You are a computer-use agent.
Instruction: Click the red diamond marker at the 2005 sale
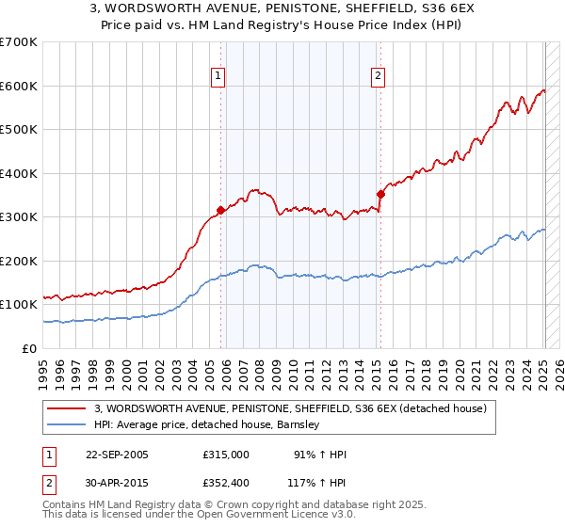pyautogui.click(x=221, y=211)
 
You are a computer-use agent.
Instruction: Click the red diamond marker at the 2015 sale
pyautogui.click(x=380, y=195)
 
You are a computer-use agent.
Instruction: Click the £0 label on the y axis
pyautogui.click(x=28, y=348)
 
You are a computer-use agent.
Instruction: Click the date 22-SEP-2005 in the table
pyautogui.click(x=117, y=455)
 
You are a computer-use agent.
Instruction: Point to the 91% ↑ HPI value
pyautogui.click(x=320, y=455)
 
